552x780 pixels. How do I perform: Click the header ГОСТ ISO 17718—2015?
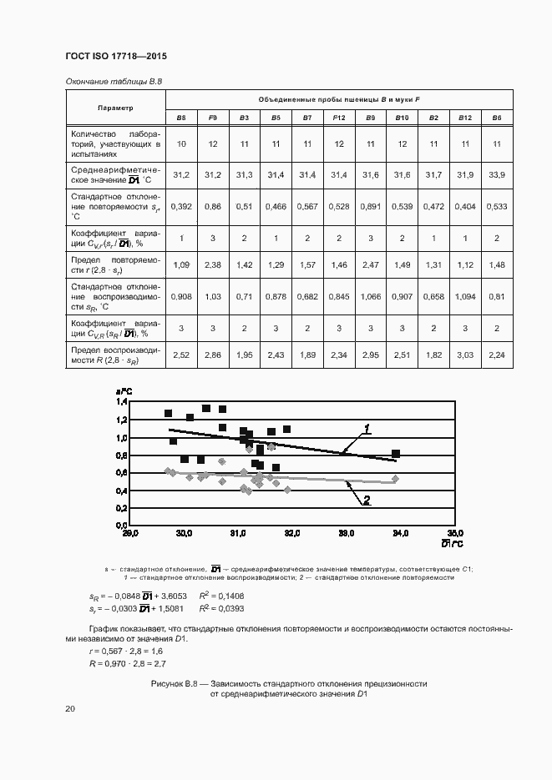116,57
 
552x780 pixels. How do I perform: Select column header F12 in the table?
339,118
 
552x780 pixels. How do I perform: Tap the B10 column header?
402,118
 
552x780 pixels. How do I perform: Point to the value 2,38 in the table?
213,264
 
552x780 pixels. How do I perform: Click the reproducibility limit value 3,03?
465,355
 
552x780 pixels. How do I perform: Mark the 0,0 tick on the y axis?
122,525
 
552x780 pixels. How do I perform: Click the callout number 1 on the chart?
366,428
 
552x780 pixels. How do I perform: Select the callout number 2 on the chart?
366,500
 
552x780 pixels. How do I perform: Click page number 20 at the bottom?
70,708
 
